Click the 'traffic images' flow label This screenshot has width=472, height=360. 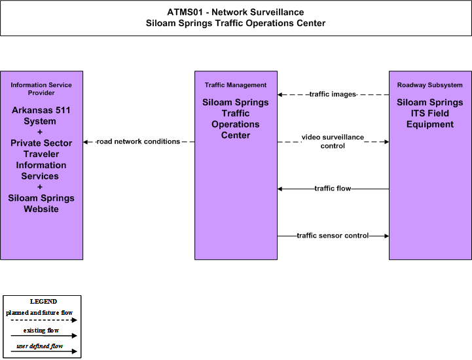[333, 94]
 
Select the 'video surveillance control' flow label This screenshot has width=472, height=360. [333, 141]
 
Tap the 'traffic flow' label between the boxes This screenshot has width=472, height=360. [333, 189]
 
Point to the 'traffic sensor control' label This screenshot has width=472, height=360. [333, 236]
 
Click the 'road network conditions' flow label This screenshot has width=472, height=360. [139, 141]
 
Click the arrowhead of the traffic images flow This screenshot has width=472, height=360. [280, 94]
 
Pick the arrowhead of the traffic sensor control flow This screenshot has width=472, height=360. [386, 236]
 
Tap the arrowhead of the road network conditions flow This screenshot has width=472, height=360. [86, 142]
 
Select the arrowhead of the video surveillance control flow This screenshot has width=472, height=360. [386, 142]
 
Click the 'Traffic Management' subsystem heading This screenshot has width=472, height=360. [236, 85]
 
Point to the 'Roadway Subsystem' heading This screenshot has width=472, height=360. [430, 85]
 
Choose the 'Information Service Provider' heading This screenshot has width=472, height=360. [41, 89]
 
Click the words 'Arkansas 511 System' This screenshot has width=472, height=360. [41, 116]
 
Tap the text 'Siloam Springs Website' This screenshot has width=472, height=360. [41, 204]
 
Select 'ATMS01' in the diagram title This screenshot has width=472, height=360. [185, 12]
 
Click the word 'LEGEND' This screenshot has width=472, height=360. [43, 302]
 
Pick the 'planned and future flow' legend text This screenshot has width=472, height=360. [39, 313]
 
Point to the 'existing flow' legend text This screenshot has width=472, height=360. [41, 331]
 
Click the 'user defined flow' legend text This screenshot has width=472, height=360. [40, 346]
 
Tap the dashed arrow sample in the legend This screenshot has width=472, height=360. [44, 320]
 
